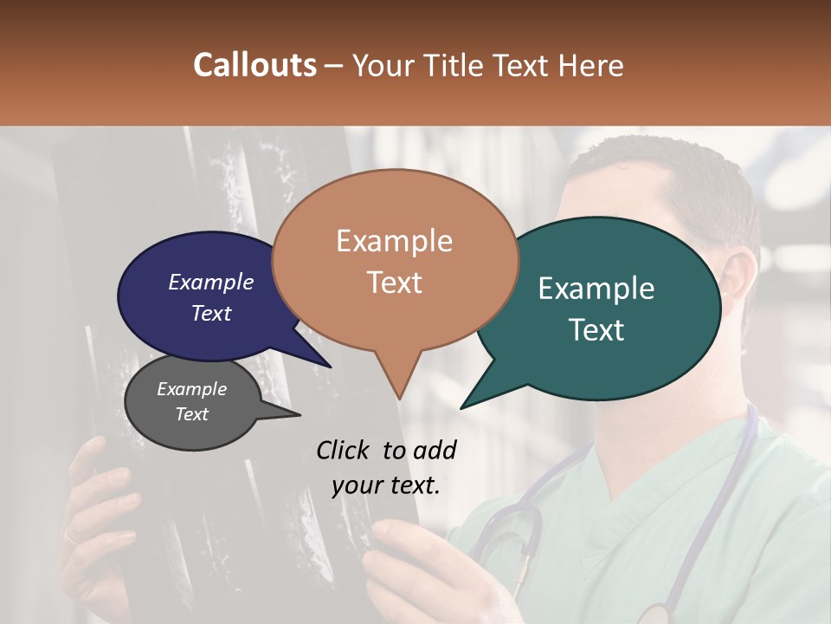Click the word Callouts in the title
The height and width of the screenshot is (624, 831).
coord(254,65)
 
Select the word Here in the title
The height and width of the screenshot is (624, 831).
coord(590,65)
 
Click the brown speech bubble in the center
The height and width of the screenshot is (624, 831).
coord(395,260)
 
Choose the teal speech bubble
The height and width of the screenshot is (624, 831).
coord(606,308)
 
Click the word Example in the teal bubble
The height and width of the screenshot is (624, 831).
coord(596,289)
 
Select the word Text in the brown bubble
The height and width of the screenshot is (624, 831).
coord(395,283)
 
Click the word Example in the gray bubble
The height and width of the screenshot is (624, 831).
coord(191,389)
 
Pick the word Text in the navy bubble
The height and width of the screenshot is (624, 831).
coord(211,313)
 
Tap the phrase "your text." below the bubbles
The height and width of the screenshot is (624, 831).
coord(386,485)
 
